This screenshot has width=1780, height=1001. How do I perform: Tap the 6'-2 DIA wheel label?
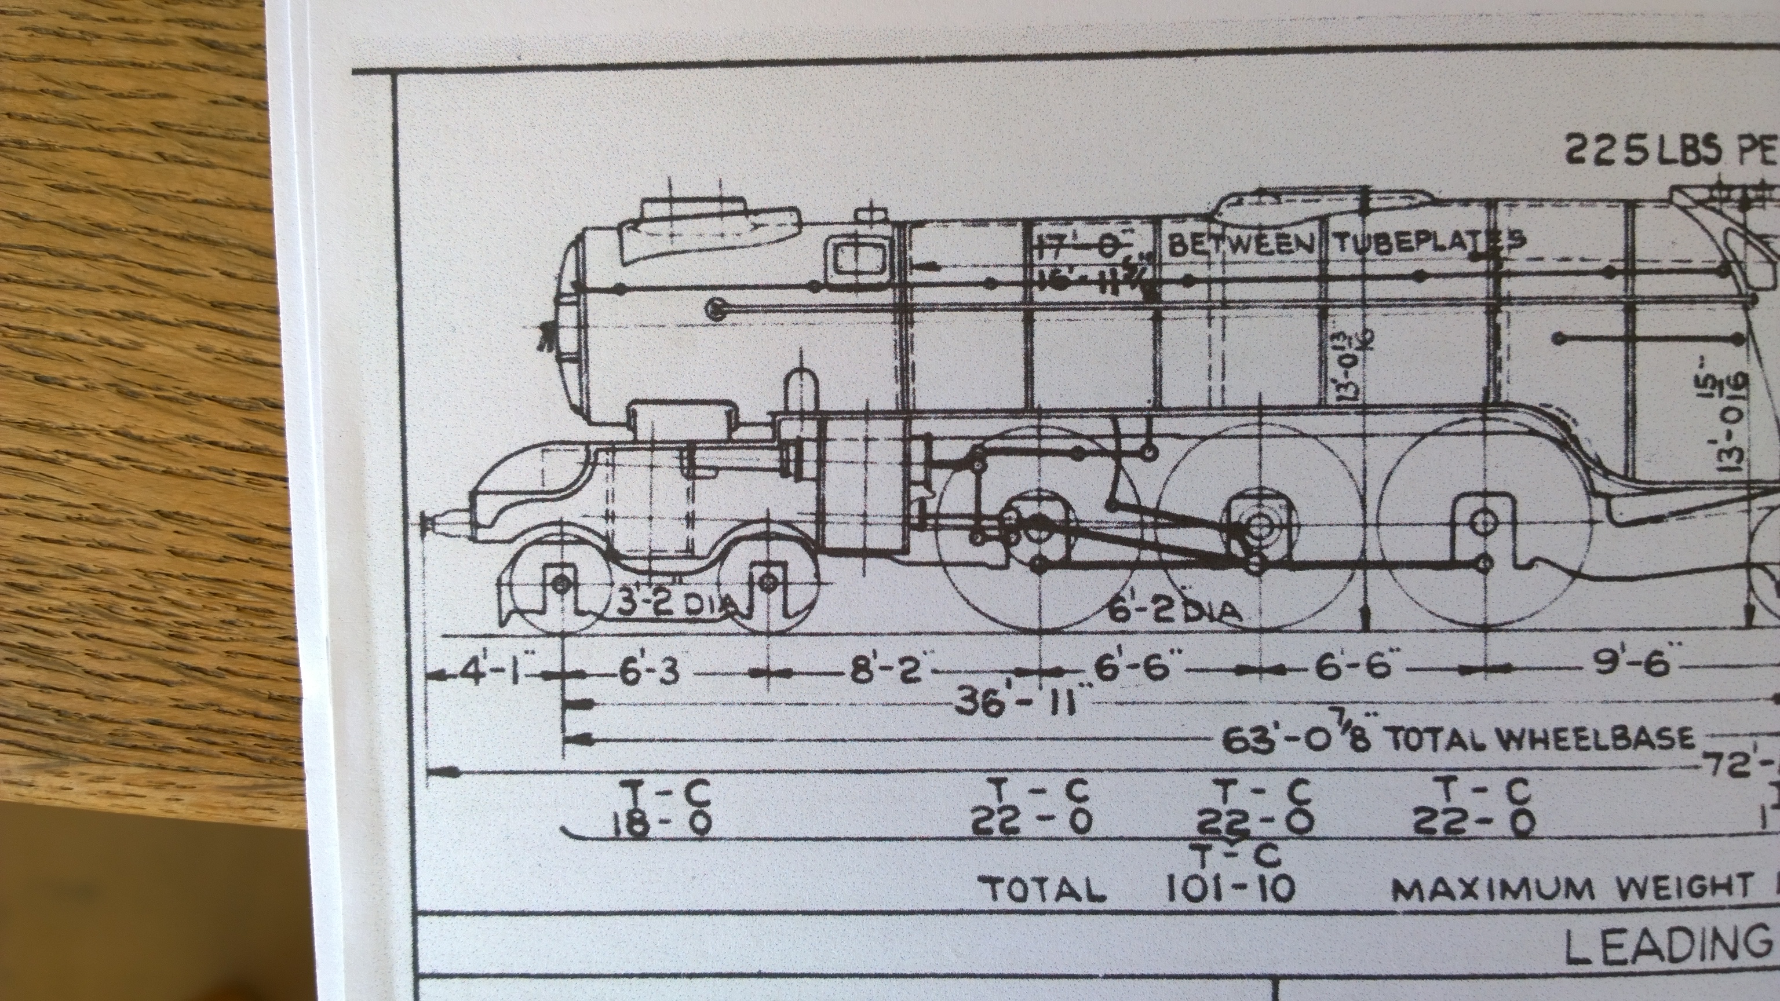(1171, 611)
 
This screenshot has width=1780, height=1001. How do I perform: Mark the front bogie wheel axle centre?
(561, 584)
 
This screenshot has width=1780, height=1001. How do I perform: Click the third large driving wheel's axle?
(1482, 523)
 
